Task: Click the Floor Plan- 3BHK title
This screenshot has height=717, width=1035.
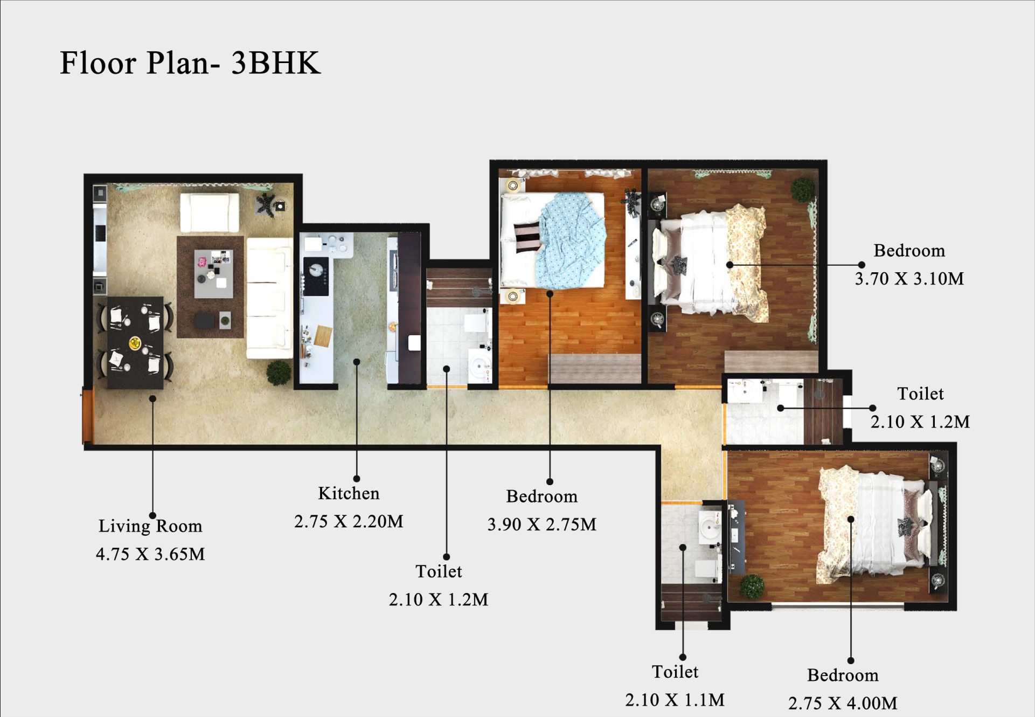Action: click(x=190, y=63)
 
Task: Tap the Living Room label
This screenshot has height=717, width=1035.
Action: click(x=150, y=526)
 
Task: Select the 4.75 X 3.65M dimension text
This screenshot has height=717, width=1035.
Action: click(x=150, y=554)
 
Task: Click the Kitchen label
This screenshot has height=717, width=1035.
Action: click(x=349, y=493)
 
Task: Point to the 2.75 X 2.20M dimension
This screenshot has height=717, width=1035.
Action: click(x=349, y=521)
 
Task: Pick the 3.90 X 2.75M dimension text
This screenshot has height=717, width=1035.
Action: click(x=542, y=525)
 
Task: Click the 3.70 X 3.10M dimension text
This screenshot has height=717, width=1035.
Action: click(x=909, y=279)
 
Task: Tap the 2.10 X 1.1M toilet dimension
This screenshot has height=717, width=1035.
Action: click(x=675, y=700)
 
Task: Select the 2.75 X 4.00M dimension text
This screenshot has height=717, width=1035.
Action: click(x=843, y=703)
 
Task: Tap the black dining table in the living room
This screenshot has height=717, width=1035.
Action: click(x=135, y=342)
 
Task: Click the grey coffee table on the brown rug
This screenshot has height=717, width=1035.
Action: click(x=214, y=274)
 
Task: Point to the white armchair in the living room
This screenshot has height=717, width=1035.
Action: click(x=210, y=212)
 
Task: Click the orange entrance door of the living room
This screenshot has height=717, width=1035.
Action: click(x=88, y=415)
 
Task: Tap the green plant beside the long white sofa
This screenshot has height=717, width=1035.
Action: click(x=279, y=373)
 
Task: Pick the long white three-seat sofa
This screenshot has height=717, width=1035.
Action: click(x=269, y=298)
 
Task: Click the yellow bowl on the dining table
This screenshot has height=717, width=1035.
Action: click(x=135, y=342)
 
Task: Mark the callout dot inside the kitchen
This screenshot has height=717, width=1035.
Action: click(x=357, y=362)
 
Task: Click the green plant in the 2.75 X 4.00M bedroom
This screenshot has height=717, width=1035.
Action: click(x=752, y=587)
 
